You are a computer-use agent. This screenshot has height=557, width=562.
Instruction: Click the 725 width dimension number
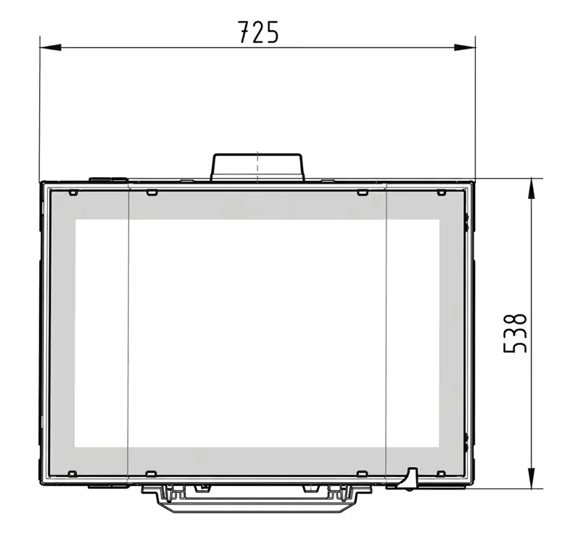click(257, 32)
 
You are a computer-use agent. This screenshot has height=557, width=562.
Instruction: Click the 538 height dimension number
click(515, 333)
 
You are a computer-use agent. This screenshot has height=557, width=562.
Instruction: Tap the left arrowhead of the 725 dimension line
click(51, 47)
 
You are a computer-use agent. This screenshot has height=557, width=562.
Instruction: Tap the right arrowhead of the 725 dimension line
click(465, 47)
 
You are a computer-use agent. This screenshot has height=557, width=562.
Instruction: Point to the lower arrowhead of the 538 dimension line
click(532, 478)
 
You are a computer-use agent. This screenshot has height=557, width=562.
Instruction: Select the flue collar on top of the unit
click(257, 167)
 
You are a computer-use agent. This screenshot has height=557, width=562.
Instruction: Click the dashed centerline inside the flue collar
click(257, 166)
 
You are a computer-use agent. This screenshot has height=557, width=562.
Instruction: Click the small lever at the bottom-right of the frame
click(409, 479)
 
